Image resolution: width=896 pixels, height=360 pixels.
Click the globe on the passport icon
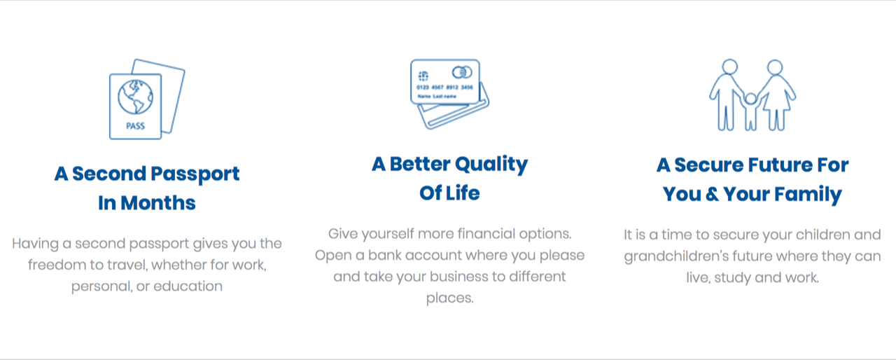pos(135,97)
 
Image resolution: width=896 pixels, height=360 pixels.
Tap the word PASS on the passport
pos(135,126)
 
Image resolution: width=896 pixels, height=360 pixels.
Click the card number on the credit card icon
pos(444,88)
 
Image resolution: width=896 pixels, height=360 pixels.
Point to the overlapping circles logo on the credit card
pos(462,72)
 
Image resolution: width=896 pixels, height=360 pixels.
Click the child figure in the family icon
pos(750,111)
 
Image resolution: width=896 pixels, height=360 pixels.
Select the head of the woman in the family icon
pos(775,67)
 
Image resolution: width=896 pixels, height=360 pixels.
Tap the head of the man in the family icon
pos(729,67)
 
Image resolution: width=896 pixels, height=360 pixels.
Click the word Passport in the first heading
pos(195,174)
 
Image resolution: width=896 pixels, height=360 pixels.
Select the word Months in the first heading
pos(158,203)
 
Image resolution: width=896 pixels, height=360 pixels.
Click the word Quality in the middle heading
pos(491,165)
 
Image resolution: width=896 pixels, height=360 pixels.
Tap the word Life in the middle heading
pos(463,193)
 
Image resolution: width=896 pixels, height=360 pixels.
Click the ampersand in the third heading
pos(712,194)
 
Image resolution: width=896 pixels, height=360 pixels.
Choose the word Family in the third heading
pos(808,195)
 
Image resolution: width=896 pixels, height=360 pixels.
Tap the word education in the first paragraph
pos(188,286)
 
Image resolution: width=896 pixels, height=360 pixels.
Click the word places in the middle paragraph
pos(449,298)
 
